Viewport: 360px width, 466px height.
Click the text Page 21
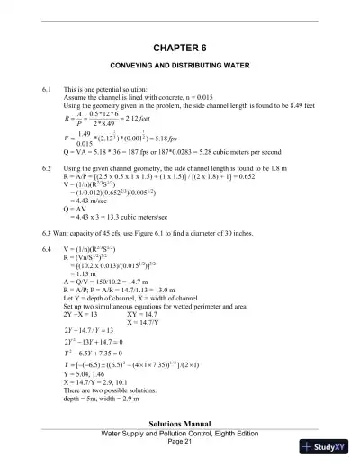coord(180,442)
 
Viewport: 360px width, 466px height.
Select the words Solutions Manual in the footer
coord(180,424)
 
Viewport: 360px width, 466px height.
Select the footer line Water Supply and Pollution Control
coord(180,434)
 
